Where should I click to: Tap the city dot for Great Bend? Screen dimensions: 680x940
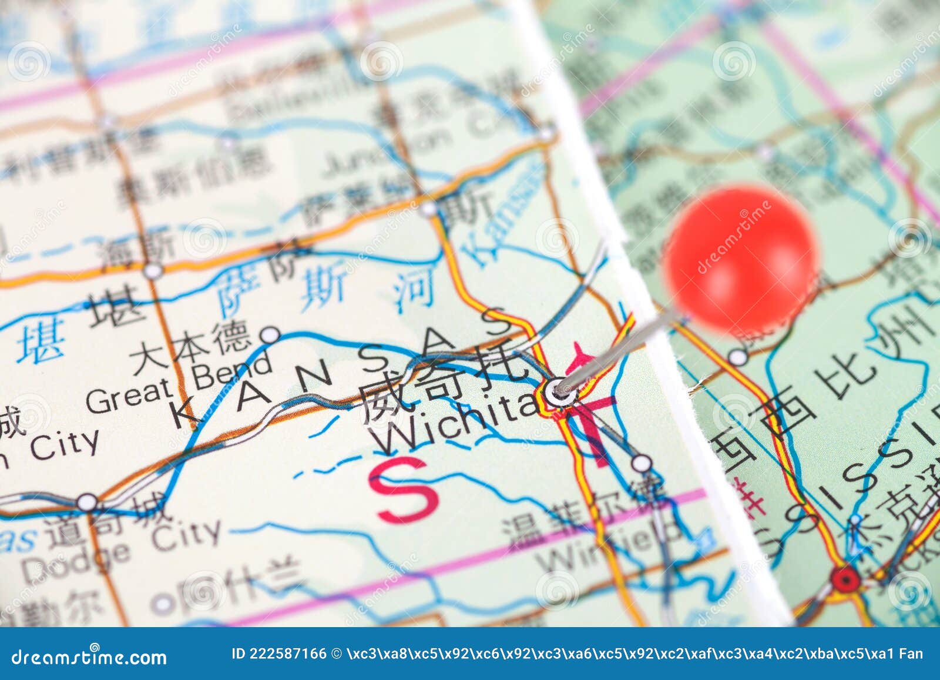[270, 335]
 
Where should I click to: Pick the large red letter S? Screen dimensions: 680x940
[404, 491]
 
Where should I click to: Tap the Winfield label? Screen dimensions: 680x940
[608, 550]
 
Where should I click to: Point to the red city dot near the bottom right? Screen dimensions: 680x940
[845, 579]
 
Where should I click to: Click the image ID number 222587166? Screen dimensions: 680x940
[287, 654]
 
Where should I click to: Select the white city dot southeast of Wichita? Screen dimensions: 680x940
[642, 463]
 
